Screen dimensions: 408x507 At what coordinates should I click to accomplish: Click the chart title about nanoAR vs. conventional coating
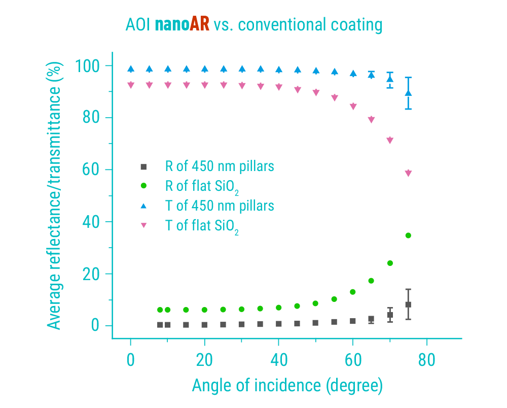point(253,24)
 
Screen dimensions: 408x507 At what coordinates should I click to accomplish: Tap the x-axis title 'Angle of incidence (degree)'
point(287,386)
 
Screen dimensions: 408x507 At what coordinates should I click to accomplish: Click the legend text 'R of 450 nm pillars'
point(220,166)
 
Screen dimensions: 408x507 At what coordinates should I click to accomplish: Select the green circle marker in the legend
point(143,186)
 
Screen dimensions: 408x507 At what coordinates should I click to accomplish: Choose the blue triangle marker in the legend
point(143,206)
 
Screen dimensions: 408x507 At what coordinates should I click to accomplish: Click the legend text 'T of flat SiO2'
point(202,226)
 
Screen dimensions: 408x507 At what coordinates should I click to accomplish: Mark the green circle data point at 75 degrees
point(408,235)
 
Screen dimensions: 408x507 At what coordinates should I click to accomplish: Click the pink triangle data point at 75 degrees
point(408,174)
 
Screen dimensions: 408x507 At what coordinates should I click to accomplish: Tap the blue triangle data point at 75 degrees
point(408,92)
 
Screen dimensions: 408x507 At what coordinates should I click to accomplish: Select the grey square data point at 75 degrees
point(408,304)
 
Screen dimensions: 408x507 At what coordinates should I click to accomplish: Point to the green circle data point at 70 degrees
point(390,263)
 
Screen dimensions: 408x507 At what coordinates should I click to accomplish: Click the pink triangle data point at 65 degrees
point(371,120)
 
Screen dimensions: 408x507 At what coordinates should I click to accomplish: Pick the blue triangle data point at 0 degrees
point(131,69)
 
